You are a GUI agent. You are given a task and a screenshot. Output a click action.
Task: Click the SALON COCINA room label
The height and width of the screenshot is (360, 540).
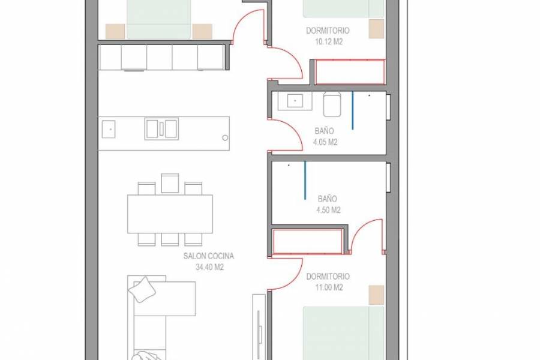209,256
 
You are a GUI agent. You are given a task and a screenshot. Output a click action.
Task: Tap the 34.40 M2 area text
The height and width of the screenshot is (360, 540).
209,268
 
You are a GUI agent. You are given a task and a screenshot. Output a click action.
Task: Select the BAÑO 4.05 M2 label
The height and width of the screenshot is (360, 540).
325,136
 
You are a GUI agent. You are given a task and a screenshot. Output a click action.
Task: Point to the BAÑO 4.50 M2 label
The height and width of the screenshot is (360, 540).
328,204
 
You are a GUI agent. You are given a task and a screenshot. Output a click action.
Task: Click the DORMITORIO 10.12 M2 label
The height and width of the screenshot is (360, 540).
328,36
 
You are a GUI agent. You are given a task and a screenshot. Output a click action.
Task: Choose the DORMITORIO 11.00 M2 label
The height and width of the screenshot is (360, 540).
328,282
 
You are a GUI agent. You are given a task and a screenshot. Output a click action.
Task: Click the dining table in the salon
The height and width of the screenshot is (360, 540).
170,214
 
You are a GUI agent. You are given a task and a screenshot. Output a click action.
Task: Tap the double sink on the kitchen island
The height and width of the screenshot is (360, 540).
161,129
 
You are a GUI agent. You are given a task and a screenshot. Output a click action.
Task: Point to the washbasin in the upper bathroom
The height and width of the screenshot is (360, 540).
295,101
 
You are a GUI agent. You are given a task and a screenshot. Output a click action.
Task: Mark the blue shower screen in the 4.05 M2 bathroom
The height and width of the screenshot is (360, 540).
353,110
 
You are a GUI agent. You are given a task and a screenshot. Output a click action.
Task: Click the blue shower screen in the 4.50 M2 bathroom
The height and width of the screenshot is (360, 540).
305,176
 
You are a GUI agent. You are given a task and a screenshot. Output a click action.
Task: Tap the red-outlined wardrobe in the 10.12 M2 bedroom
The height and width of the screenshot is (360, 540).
350,71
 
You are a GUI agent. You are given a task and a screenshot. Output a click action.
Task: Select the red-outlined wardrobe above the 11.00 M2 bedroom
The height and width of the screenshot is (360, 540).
308,241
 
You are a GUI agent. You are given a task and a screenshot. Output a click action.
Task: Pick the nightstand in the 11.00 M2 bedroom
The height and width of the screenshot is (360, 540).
376,295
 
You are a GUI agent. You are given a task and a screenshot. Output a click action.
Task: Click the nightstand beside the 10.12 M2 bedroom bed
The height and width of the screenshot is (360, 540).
376,29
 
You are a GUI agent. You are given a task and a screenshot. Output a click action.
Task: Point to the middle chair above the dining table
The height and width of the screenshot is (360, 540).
170,184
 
